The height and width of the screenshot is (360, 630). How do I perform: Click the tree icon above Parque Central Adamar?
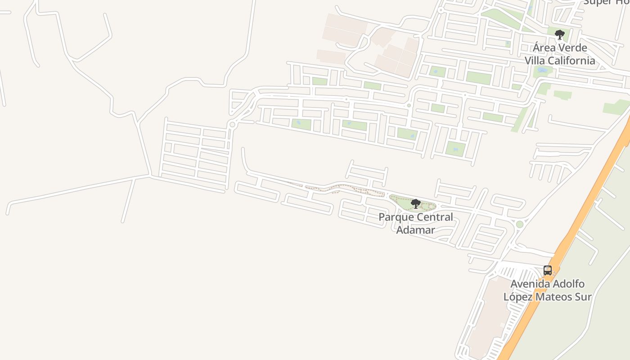point(416,204)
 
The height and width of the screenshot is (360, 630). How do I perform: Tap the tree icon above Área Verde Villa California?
point(559,35)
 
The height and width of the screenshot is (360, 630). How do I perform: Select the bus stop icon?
point(547,270)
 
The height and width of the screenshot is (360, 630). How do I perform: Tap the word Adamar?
point(415,230)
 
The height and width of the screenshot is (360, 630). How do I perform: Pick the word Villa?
point(535,60)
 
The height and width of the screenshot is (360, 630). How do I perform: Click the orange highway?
point(585,211)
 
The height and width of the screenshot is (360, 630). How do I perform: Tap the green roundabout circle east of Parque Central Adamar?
point(520,224)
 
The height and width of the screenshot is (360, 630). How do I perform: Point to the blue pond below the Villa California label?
point(542,71)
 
